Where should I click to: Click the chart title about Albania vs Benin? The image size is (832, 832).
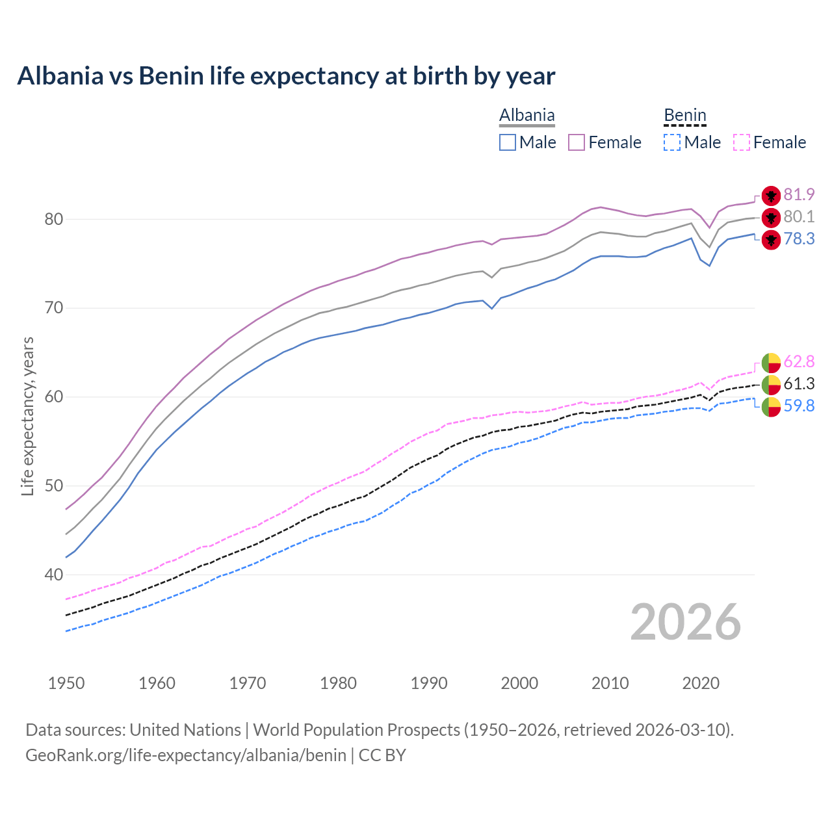(x=286, y=76)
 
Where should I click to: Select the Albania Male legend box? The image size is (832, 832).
(x=508, y=142)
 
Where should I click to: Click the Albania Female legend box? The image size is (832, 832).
(x=577, y=142)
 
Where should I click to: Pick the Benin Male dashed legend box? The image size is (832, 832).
(x=672, y=142)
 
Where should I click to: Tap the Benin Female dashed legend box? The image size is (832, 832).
(x=742, y=142)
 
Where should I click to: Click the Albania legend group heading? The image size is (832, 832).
(x=526, y=116)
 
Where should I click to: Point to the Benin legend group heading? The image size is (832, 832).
(x=684, y=116)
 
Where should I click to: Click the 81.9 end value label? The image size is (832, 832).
(x=799, y=194)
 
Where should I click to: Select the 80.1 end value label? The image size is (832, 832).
(x=799, y=216)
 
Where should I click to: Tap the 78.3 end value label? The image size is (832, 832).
(x=799, y=239)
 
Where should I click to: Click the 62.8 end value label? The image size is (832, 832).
(x=799, y=361)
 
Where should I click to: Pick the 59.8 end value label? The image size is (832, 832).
(x=799, y=406)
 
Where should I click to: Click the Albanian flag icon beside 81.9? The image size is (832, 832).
(x=771, y=195)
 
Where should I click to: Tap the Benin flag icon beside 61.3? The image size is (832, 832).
(x=771, y=384)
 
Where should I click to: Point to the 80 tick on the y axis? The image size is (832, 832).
(x=53, y=219)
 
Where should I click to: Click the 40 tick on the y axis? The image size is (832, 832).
(x=53, y=575)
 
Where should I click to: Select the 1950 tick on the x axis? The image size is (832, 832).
(x=66, y=683)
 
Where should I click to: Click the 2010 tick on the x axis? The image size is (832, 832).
(x=610, y=683)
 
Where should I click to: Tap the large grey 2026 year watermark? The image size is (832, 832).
(x=685, y=622)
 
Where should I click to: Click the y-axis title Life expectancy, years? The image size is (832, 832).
(x=27, y=416)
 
